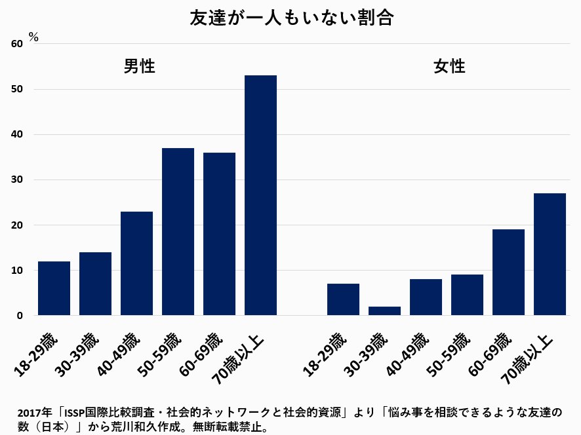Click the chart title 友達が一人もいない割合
click(x=290, y=18)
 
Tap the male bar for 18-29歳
click(x=54, y=288)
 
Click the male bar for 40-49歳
click(x=136, y=263)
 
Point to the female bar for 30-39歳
click(x=384, y=311)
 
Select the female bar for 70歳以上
click(x=550, y=254)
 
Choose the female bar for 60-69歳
click(x=508, y=272)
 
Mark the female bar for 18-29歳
click(x=343, y=299)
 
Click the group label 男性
click(x=139, y=66)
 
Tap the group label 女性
click(x=449, y=66)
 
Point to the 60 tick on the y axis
click(x=16, y=44)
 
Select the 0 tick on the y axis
click(x=20, y=316)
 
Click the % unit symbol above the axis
click(x=33, y=37)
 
